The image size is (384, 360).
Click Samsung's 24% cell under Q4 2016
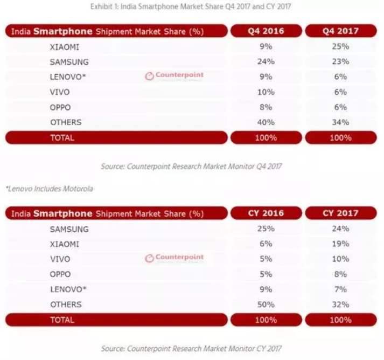point(266,61)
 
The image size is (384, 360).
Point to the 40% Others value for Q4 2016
point(266,122)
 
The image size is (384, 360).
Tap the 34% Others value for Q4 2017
point(339,122)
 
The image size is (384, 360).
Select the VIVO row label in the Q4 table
point(60,92)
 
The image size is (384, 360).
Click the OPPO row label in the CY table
point(60,274)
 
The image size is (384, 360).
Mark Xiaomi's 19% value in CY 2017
point(339,244)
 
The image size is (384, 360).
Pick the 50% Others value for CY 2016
point(266,304)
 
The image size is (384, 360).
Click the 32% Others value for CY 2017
point(339,304)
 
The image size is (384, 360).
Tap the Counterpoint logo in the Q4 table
point(174,76)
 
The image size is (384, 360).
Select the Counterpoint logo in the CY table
point(174,258)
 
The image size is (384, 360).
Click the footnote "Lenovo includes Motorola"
point(49,189)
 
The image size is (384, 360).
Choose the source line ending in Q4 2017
point(191,167)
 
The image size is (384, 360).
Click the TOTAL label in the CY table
point(62,320)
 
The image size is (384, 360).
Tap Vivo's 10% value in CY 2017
point(339,259)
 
